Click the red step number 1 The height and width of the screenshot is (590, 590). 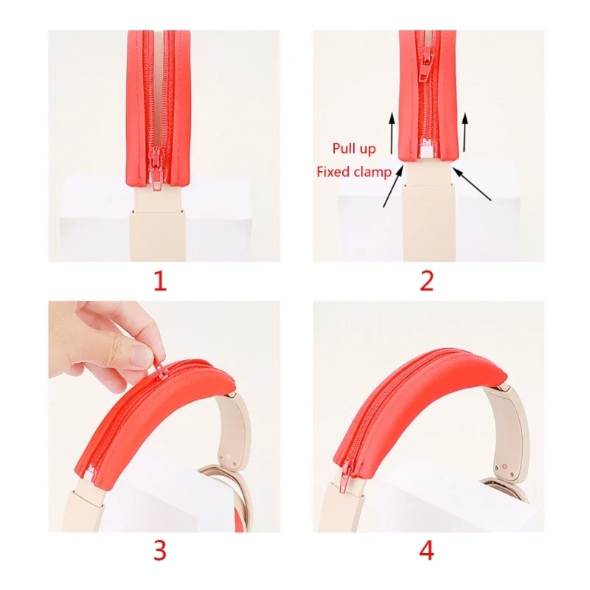click(x=160, y=281)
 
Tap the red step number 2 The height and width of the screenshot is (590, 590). click(x=426, y=281)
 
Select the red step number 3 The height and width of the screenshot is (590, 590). click(x=159, y=550)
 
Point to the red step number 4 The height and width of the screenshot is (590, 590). click(x=426, y=550)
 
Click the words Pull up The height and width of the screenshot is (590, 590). click(x=354, y=149)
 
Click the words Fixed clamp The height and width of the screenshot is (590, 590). click(x=354, y=172)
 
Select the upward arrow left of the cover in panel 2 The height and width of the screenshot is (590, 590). click(x=392, y=133)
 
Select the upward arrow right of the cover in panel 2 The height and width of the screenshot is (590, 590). click(x=465, y=132)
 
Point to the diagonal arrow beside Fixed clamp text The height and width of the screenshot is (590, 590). click(x=394, y=186)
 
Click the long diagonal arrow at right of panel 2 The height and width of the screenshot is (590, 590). click(x=472, y=184)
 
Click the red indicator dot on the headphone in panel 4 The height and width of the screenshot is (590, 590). click(x=504, y=467)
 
